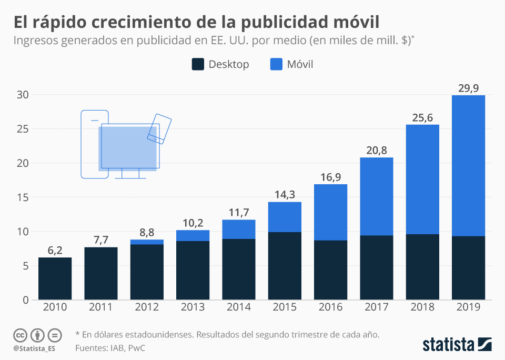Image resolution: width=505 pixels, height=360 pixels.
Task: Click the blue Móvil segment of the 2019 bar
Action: click(468, 165)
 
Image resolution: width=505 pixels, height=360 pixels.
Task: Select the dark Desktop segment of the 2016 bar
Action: click(330, 270)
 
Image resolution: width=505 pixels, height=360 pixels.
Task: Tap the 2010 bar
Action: click(55, 278)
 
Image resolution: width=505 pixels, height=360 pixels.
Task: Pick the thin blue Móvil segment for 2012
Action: click(147, 242)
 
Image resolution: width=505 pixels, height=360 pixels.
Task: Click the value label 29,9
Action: click(468, 88)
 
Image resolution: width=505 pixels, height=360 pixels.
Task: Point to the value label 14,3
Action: click(285, 194)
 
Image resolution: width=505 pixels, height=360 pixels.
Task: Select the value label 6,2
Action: click(55, 250)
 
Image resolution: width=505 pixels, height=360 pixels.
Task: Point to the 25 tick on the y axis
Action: click(22, 129)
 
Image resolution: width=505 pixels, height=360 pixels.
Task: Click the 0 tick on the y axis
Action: click(25, 300)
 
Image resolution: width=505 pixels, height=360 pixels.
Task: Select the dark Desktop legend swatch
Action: click(198, 64)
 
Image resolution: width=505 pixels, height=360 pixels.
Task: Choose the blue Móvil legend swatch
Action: click(276, 64)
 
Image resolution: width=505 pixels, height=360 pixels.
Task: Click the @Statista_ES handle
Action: click(34, 348)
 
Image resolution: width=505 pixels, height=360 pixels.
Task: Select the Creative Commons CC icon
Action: click(20, 335)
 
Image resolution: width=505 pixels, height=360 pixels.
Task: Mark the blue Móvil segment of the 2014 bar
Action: click(238, 229)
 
